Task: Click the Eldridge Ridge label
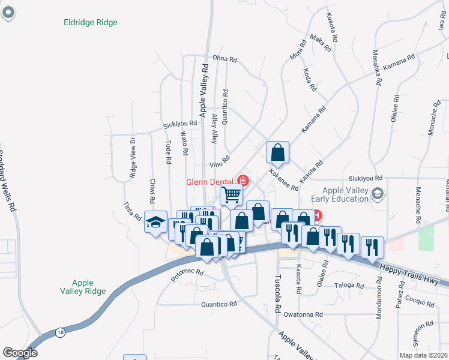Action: (91, 23)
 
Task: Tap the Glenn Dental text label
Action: (209, 181)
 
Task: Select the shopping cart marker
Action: (232, 194)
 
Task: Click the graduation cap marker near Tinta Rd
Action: (155, 223)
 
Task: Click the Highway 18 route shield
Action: (60, 332)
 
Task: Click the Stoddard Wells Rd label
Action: (6, 181)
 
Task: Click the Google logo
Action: (20, 353)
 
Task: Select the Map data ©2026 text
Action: (423, 355)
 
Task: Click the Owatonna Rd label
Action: (304, 314)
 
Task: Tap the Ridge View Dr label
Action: (133, 158)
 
